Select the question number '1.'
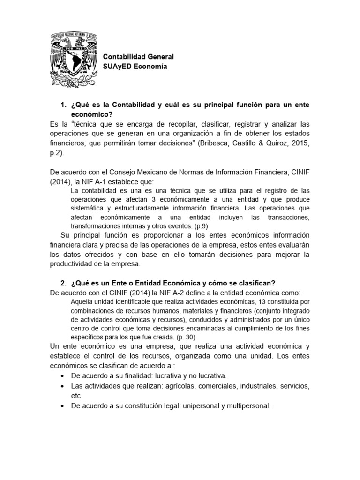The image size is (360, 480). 64,104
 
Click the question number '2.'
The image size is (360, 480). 64,283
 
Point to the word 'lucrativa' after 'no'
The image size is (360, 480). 210,376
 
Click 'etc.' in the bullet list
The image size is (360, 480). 77,396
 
